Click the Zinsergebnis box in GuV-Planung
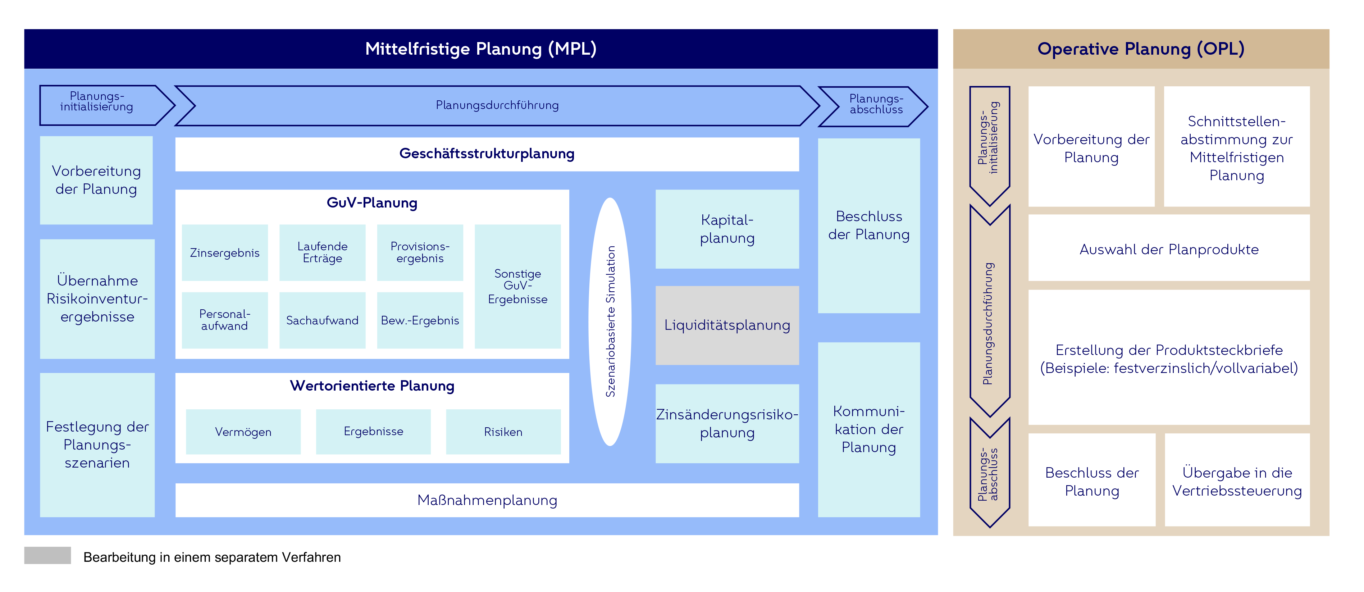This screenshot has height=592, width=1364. pos(224,252)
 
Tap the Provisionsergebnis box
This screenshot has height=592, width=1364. pos(420,252)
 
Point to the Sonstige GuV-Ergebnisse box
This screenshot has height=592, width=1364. pos(517,286)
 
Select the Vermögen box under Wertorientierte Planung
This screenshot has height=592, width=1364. pos(243,432)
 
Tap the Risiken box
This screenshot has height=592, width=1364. pos(503,432)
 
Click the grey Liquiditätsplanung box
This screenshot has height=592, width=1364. pos(727,325)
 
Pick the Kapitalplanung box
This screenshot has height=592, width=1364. pos(727,229)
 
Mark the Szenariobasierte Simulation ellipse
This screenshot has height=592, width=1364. pos(610,322)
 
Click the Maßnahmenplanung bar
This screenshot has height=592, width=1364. pos(487,500)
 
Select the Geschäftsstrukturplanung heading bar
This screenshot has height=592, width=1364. pos(487,154)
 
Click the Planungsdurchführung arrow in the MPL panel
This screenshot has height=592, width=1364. pos(497,105)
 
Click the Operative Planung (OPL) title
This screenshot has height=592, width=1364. pos(1141,49)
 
